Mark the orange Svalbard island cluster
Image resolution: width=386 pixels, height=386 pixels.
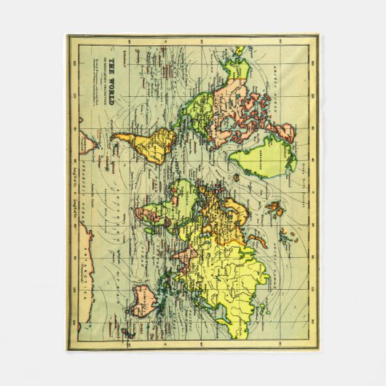[x=275, y=211]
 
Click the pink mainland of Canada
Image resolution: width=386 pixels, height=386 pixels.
[x=240, y=109]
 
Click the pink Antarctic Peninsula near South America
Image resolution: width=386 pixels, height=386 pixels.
[x=90, y=146]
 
